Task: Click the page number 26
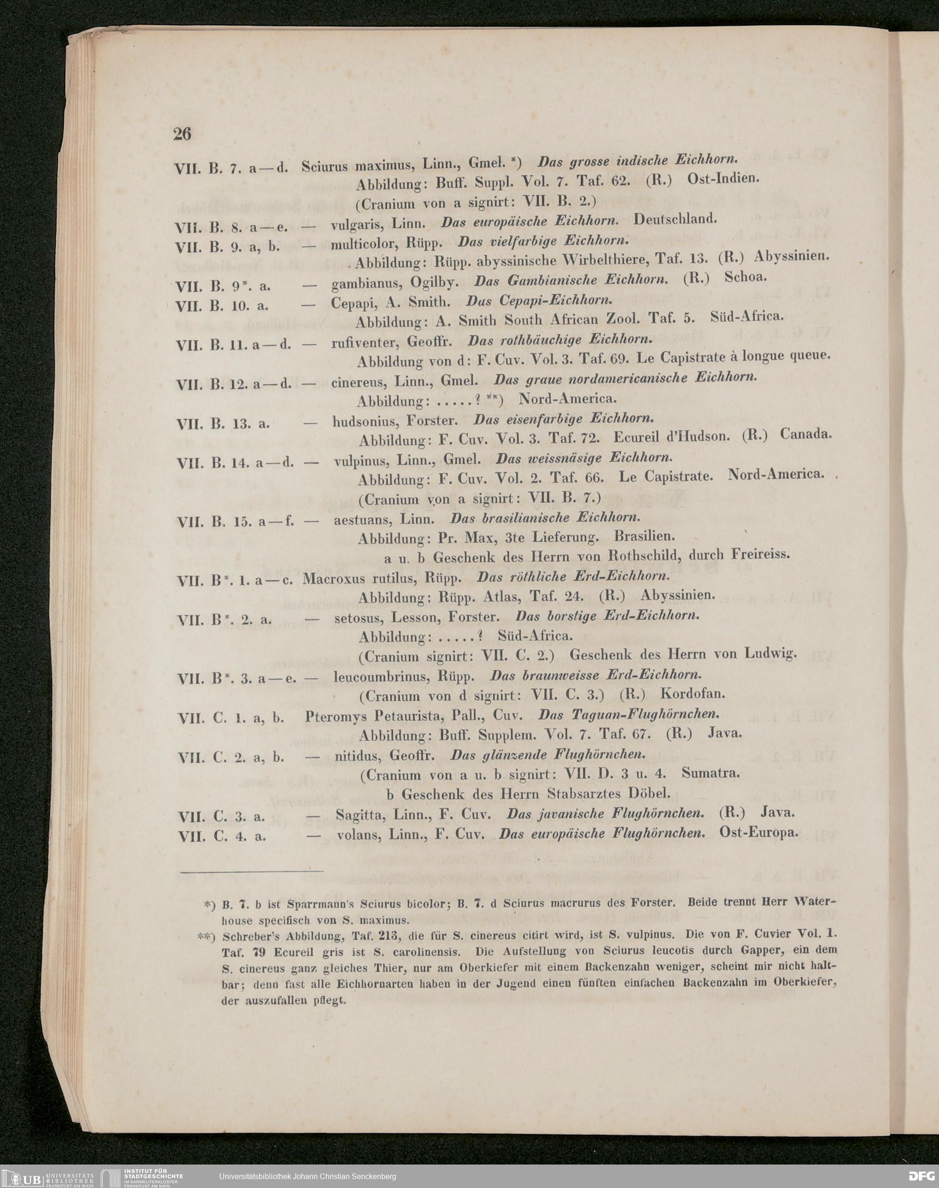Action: (x=182, y=133)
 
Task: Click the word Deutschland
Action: (x=676, y=219)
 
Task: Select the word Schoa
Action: (x=745, y=277)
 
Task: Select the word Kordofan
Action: (x=692, y=694)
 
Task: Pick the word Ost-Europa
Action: (x=758, y=833)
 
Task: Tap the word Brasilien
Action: (x=644, y=535)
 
